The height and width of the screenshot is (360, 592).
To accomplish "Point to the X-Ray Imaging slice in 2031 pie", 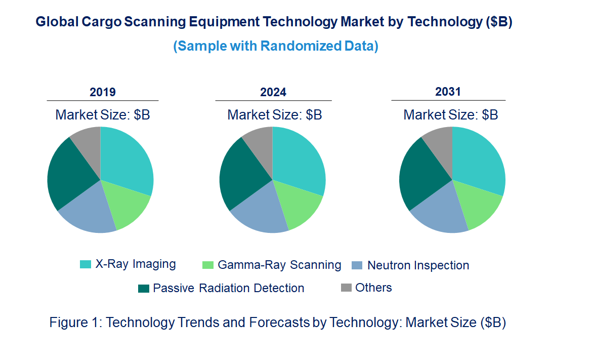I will (x=478, y=159).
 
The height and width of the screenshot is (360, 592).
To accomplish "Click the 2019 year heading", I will (x=103, y=92).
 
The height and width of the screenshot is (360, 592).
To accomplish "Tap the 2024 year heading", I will (x=273, y=92).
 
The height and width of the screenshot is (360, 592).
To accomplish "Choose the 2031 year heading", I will (x=448, y=92).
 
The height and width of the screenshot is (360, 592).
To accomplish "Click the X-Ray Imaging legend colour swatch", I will (x=86, y=264).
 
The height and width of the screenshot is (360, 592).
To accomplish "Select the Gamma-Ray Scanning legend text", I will (x=279, y=265).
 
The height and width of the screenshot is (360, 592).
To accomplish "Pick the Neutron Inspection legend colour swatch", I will (x=357, y=265).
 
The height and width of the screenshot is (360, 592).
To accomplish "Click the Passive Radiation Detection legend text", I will (x=229, y=288).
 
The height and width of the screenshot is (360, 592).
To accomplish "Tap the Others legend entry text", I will (x=373, y=288).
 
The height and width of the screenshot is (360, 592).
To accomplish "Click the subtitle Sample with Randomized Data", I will (x=276, y=46).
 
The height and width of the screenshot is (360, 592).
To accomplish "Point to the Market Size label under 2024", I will (x=275, y=115).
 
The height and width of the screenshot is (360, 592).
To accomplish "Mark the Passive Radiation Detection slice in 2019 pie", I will (x=68, y=172).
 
